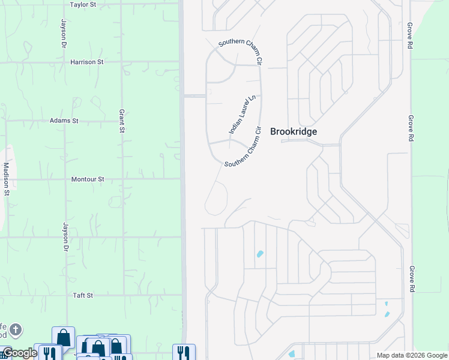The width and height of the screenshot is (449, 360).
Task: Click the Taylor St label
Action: tap(83, 4)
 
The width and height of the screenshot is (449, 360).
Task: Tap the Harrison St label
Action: tap(87, 62)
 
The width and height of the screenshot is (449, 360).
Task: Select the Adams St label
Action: tap(64, 121)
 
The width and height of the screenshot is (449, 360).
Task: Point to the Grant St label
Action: tap(121, 121)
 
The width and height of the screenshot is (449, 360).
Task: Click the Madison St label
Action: tap(6, 179)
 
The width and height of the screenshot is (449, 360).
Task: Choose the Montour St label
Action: tap(88, 179)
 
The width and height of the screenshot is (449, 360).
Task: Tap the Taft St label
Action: tap(82, 295)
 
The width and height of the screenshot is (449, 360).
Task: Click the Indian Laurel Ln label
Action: tap(243, 114)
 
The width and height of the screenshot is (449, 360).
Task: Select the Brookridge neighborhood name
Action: tap(294, 131)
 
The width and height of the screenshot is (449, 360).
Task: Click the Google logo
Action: tap(20, 353)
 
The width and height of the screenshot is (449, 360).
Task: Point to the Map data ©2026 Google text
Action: tap(412, 355)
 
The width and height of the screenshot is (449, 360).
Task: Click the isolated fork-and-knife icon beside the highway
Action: tap(184, 353)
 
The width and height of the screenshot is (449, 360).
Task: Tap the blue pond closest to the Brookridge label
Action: tap(260, 254)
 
